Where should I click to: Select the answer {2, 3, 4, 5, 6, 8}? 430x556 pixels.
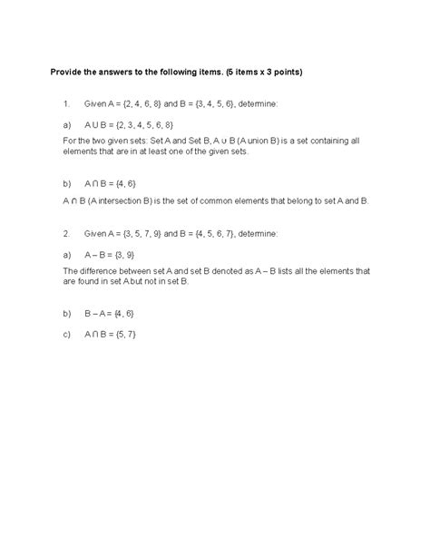(142, 123)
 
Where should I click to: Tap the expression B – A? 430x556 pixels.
(97, 313)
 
